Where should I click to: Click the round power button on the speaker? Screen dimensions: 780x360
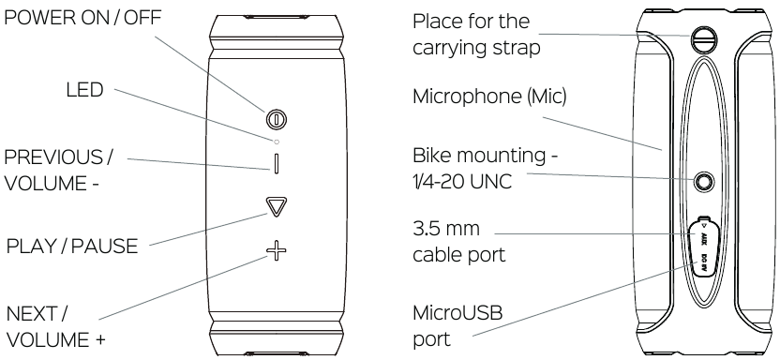tap(276, 119)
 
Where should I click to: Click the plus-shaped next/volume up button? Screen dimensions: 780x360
tap(276, 251)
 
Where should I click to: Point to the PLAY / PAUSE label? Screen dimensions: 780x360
tap(72, 247)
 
